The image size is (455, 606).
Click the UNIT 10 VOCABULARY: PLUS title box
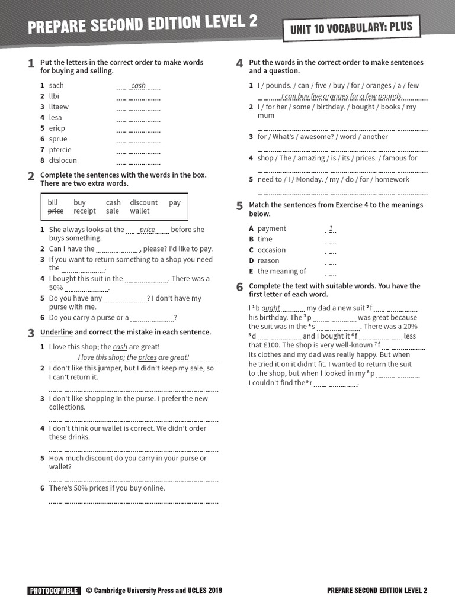pos(352,28)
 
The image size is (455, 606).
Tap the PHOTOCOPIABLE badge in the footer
pos(53,590)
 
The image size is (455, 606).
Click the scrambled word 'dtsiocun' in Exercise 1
pos(63,160)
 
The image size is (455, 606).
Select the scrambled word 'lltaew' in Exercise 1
pos(59,107)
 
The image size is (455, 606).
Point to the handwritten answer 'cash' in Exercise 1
pos(138,86)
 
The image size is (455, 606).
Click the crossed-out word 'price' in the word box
pos(55,211)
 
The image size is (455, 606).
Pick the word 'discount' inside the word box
pos(144,202)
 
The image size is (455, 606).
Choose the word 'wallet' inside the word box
pos(140,211)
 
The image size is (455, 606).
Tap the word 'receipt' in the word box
pos(85,211)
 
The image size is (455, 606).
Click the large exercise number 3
pos(31,333)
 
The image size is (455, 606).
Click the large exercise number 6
pos(239,287)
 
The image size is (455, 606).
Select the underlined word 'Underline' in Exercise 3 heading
pos(56,332)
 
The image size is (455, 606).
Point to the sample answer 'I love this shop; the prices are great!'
pos(133,357)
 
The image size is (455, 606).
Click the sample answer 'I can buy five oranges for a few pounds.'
pos(342,96)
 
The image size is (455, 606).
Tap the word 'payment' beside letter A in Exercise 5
pos(271,228)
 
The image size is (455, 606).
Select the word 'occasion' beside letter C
pos(271,250)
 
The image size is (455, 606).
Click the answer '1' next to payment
pos(331,228)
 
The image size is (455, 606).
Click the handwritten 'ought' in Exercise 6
pos(271,308)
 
